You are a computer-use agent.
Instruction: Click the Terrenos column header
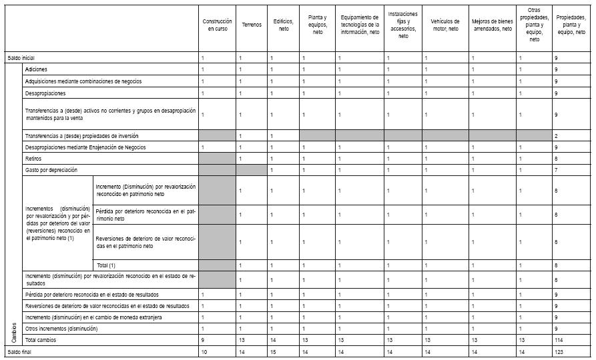[252, 25]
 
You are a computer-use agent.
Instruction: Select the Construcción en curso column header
[217, 25]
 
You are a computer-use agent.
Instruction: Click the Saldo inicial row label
[21, 59]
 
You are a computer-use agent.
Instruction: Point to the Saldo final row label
[19, 351]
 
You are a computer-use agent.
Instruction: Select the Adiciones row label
[36, 69]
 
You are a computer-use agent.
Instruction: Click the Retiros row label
[33, 159]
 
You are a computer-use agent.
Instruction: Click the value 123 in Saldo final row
[559, 351]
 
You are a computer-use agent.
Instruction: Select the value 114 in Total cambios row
[559, 339]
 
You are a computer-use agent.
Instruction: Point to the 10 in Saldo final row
[204, 351]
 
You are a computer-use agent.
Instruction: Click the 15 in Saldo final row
[272, 351]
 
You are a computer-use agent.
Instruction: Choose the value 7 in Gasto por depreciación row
[556, 171]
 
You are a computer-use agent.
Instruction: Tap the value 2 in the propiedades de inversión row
[556, 135]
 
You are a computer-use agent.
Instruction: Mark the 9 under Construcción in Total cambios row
[203, 339]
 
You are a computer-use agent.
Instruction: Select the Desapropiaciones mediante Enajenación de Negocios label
[84, 147]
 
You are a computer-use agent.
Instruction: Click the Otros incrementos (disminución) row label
[61, 329]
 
